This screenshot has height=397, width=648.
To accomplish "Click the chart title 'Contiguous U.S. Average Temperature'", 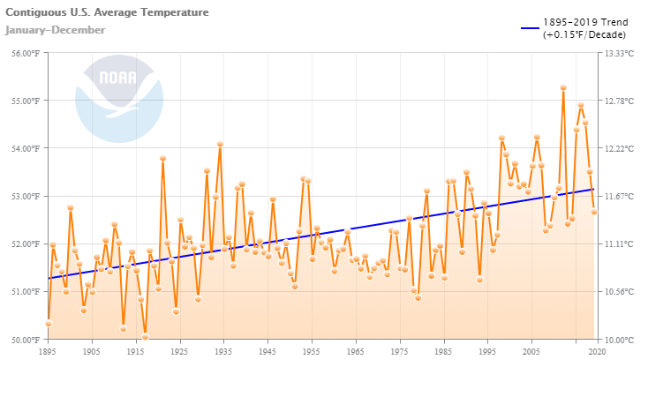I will point(107,13).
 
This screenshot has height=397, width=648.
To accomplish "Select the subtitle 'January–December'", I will point(55,30).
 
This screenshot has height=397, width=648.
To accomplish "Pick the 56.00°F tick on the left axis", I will point(22,53).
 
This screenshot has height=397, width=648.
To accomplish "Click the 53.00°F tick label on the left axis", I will point(22,196).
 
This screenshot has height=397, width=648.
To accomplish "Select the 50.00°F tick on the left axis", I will point(22,339).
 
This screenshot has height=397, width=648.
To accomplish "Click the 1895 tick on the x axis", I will point(49,351).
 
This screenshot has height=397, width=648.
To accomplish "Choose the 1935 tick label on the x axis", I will point(223,351).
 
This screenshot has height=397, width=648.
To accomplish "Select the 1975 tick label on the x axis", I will point(398,351).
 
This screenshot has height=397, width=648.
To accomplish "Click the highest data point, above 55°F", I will point(563,87).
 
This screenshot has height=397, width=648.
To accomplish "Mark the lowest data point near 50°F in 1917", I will point(145,336).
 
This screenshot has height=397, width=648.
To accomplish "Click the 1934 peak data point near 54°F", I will point(220,144).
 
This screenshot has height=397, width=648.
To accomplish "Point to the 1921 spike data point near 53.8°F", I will point(162,158).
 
